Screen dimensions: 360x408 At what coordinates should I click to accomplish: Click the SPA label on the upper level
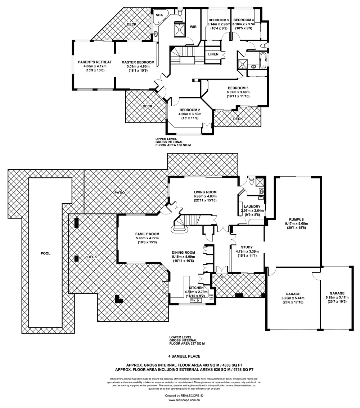(159, 15)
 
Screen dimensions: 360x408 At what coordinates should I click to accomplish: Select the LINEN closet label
(213, 54)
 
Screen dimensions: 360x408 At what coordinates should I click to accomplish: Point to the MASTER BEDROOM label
(138, 62)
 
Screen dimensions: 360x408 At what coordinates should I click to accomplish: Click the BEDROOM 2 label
(190, 110)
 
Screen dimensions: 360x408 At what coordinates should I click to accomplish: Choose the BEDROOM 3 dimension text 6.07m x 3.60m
(238, 92)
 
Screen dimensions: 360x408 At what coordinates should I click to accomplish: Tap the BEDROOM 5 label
(219, 19)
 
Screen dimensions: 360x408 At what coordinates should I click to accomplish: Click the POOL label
(45, 253)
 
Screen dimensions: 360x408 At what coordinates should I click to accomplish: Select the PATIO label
(120, 193)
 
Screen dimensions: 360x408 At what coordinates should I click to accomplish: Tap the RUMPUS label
(297, 219)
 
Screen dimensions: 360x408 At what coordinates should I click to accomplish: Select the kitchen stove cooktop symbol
(211, 297)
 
